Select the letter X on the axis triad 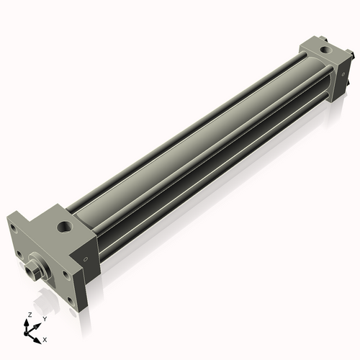click(45, 338)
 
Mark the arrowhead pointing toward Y click(38, 323)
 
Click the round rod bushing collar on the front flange click(41, 265)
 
